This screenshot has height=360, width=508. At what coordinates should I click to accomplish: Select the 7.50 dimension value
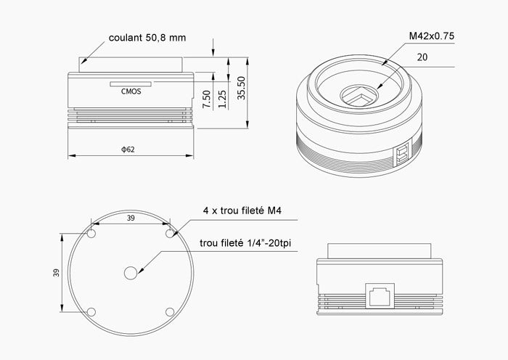[206, 99]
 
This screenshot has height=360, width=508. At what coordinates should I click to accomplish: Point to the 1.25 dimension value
[223, 99]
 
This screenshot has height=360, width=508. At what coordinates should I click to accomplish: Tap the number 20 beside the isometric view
[422, 56]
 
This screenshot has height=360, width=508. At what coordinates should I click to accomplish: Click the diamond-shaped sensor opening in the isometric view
[361, 96]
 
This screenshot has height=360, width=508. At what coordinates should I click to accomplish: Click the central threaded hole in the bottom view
[131, 273]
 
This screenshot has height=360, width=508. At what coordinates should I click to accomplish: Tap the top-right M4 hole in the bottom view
[170, 234]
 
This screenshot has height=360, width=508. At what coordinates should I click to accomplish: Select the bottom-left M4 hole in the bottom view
[91, 312]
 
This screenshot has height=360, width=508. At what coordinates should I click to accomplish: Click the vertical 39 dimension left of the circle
[55, 273]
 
